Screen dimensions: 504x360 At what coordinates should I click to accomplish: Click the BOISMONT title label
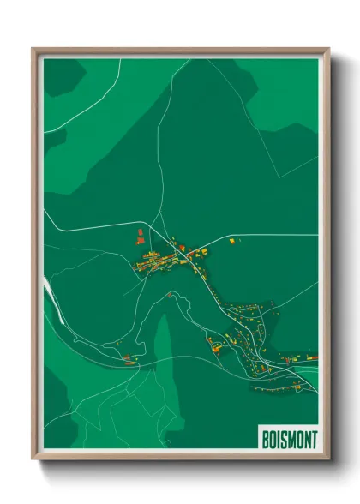pyautogui.click(x=286, y=438)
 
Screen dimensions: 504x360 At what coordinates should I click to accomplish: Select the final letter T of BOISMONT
pyautogui.click(x=313, y=438)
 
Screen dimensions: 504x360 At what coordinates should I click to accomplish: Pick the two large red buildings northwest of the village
pyautogui.click(x=140, y=236)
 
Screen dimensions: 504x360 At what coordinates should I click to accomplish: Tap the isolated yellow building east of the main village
pyautogui.click(x=231, y=241)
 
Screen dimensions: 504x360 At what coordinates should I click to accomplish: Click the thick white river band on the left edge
pyautogui.click(x=52, y=300)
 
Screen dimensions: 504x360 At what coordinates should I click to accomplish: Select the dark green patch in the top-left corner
pyautogui.click(x=58, y=77)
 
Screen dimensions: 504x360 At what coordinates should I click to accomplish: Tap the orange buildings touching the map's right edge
pyautogui.click(x=311, y=357)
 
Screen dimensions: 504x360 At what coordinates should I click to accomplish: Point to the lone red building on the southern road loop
pyautogui.click(x=170, y=294)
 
